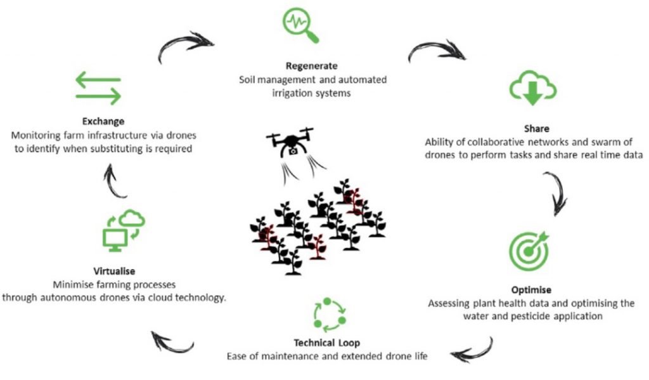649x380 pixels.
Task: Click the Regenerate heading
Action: pos(311,66)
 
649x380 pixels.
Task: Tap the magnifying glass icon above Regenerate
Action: pos(299,25)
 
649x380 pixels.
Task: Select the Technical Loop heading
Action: pos(327,343)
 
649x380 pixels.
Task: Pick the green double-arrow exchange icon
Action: pos(98,88)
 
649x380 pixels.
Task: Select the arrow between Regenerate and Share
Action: pos(436,52)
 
